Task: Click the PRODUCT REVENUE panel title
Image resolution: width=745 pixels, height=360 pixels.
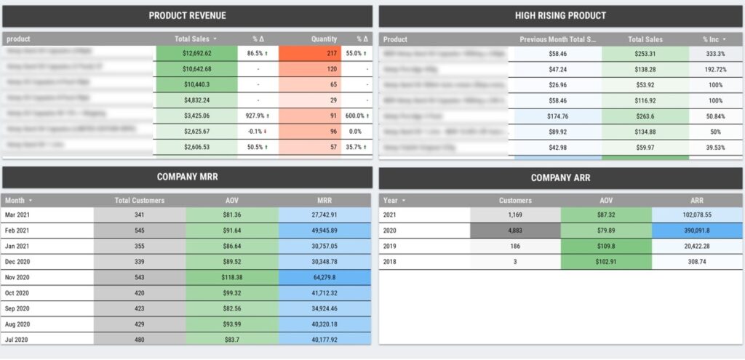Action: tap(187, 15)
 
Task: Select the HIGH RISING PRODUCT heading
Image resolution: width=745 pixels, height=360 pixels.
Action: tap(560, 15)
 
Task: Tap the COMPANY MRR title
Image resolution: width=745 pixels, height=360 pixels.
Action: tap(187, 177)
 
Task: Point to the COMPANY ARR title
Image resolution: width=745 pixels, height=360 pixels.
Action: tap(560, 177)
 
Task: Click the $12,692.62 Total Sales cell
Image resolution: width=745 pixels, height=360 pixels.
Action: tap(196, 53)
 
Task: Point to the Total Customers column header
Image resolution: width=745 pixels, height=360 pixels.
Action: tap(140, 200)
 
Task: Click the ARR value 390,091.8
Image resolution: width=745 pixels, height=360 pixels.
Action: tap(697, 231)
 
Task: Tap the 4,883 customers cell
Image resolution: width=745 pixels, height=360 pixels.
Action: tap(516, 231)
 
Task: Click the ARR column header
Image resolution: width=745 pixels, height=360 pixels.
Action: tap(697, 200)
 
